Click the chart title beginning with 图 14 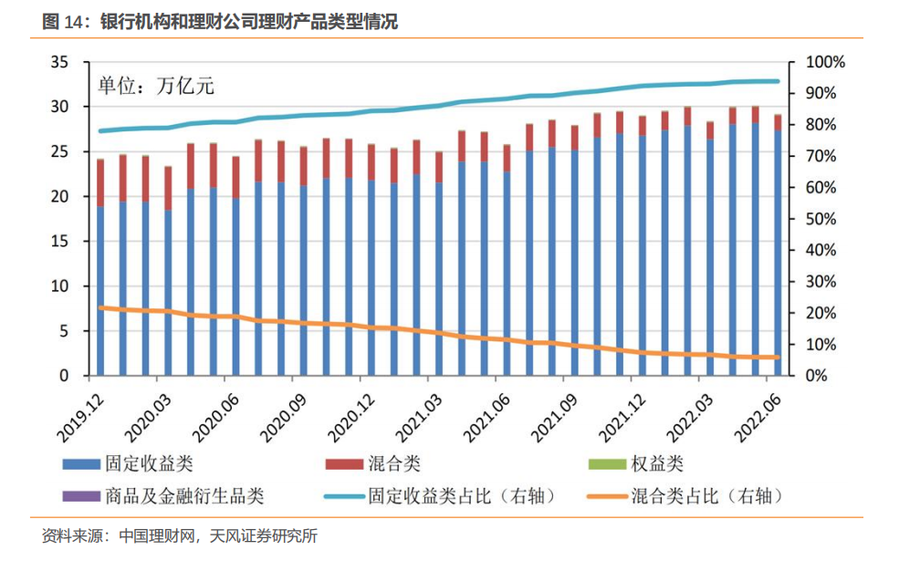tap(220, 23)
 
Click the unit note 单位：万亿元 tap(155, 88)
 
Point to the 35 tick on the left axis tap(60, 62)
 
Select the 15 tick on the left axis tap(60, 242)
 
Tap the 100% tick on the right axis tap(826, 62)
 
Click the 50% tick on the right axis tap(822, 219)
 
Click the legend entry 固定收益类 tap(156, 465)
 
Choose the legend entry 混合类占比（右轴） tap(706, 497)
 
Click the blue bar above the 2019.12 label tap(100, 292)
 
